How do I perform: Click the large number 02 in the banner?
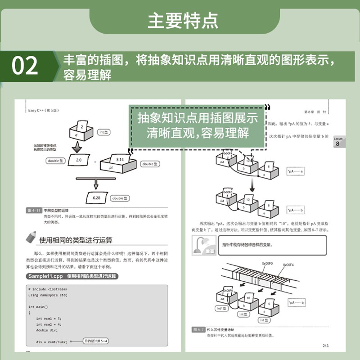click(25, 66)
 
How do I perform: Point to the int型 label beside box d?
click(104, 132)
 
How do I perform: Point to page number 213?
click(326, 346)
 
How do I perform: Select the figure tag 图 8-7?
click(198, 329)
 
